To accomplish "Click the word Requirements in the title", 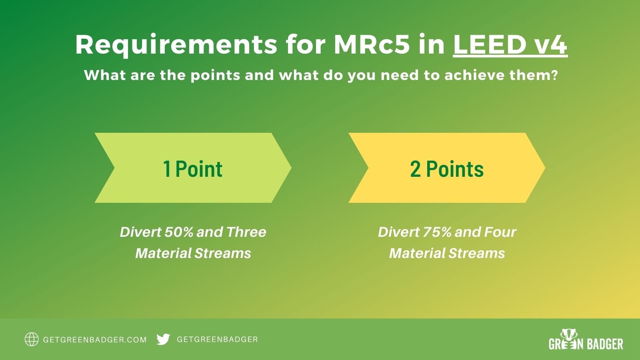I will click(176, 45).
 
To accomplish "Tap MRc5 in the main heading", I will click(372, 45).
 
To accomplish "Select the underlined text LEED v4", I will click(510, 45).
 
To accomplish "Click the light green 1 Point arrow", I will click(192, 168).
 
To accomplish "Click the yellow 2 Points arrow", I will click(446, 168).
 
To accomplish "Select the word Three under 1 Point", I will click(246, 232).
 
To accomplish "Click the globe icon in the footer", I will click(32, 339).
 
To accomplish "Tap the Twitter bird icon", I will click(163, 339).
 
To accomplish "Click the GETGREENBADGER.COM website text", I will click(95, 340).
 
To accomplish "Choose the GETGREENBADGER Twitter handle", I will click(217, 339).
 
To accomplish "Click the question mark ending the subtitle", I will click(554, 75).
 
